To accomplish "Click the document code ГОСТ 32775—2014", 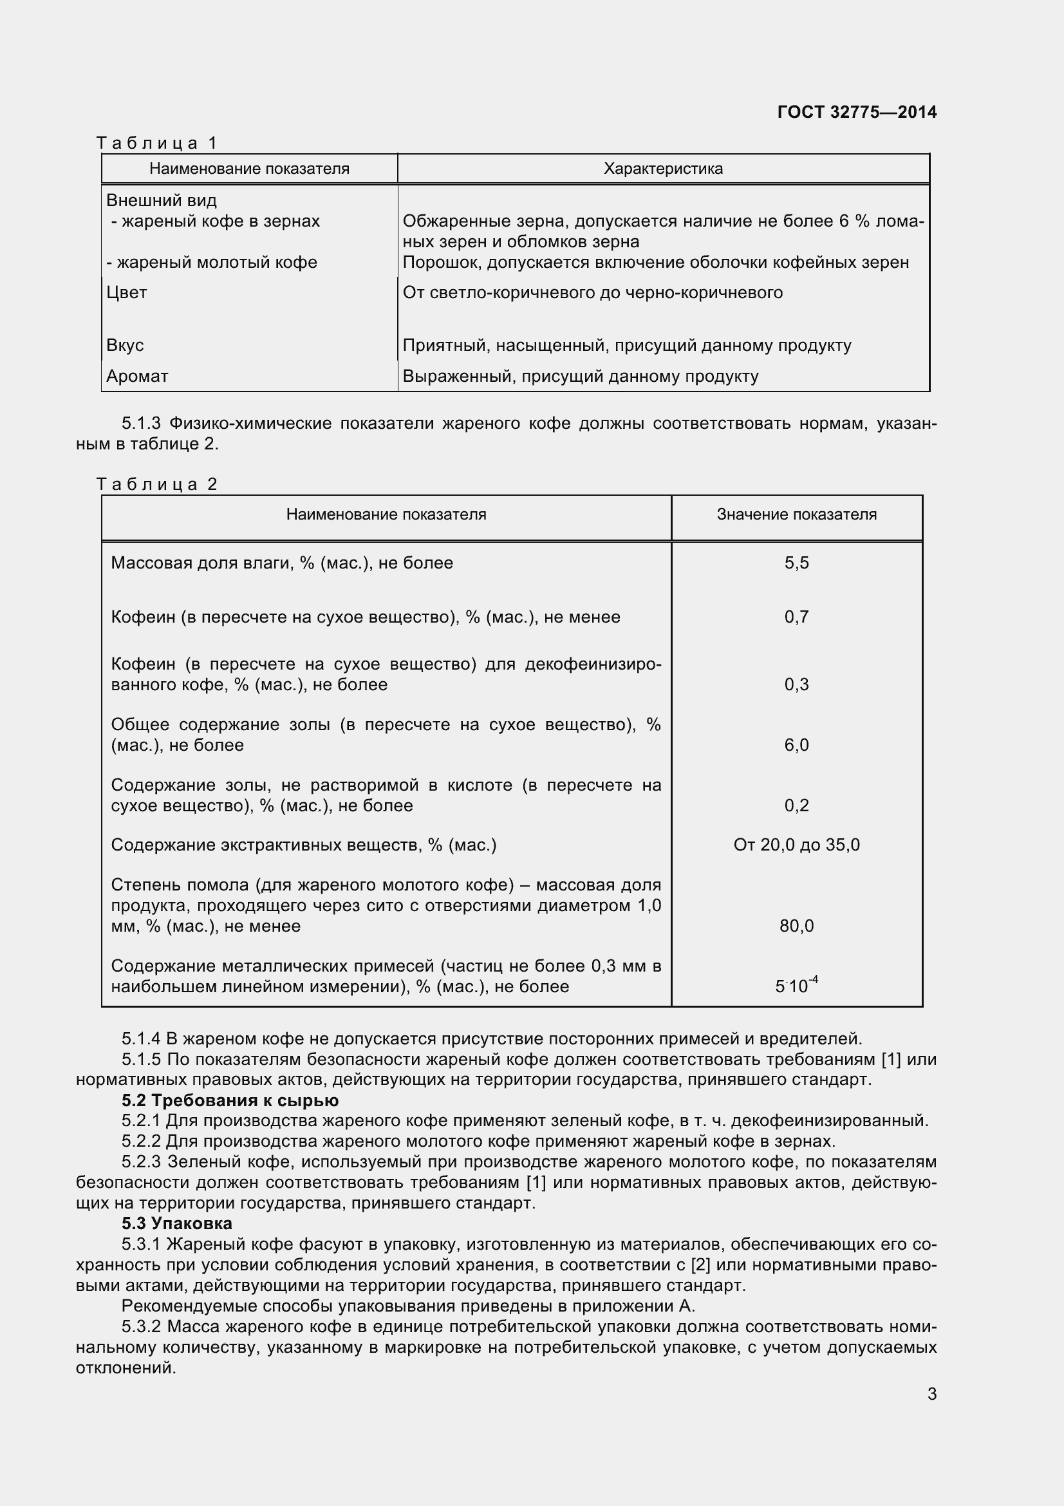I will click(856, 112).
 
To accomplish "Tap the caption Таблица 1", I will click(156, 142).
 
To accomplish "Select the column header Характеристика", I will click(663, 169).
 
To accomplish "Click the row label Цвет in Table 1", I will click(127, 292).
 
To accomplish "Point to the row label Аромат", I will click(137, 377).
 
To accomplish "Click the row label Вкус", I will click(125, 346).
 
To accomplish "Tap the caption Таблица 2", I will click(156, 484).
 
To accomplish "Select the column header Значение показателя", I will click(796, 514).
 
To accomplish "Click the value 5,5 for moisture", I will click(796, 563).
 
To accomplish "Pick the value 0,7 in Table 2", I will click(796, 617).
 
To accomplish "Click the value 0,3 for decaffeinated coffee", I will click(796, 685).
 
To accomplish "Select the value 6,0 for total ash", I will click(796, 745).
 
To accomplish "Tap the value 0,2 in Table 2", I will click(796, 805).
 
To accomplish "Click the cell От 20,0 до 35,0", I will click(796, 845).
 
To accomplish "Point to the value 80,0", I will click(796, 926).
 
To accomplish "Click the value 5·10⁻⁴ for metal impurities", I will click(796, 986).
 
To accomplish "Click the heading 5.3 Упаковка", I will click(176, 1223).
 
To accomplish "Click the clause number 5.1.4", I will click(140, 1039).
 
